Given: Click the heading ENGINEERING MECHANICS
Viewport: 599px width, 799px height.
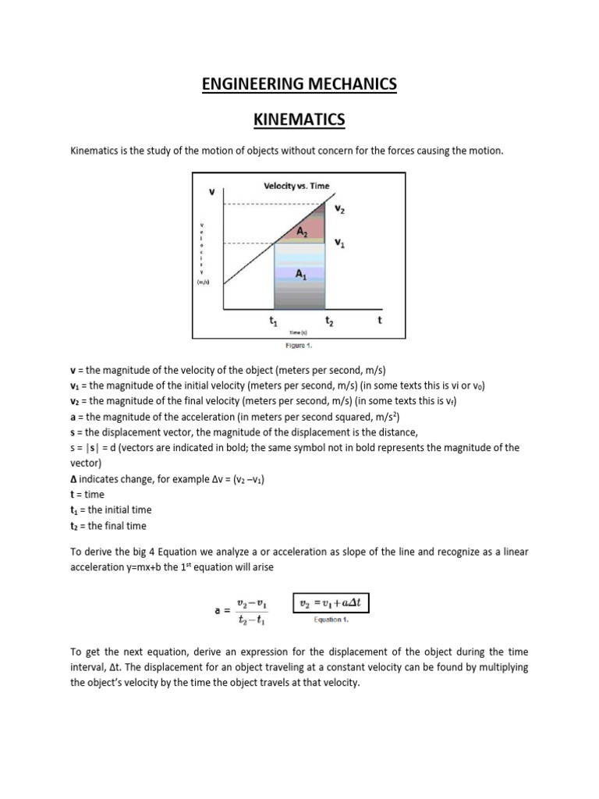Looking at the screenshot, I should pyautogui.click(x=299, y=83).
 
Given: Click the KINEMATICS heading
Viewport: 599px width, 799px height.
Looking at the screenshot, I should pyautogui.click(x=299, y=120).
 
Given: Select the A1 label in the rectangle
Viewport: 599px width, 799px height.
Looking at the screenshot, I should pyautogui.click(x=299, y=274).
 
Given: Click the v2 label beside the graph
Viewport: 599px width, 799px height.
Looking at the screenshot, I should pyautogui.click(x=340, y=209).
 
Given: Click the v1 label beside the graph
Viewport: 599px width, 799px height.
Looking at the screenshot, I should pyautogui.click(x=340, y=244).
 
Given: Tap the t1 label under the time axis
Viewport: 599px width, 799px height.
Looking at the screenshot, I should pyautogui.click(x=275, y=320).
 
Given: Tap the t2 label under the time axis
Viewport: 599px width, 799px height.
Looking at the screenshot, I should pyautogui.click(x=329, y=320).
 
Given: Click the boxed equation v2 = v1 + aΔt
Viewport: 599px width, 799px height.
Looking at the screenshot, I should pyautogui.click(x=331, y=603).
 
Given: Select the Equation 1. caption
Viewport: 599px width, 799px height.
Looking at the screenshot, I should pyautogui.click(x=331, y=620).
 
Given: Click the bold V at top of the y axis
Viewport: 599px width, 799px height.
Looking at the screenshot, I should pyautogui.click(x=211, y=191).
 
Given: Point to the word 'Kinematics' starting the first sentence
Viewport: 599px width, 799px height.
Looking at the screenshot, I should pyautogui.click(x=96, y=151).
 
